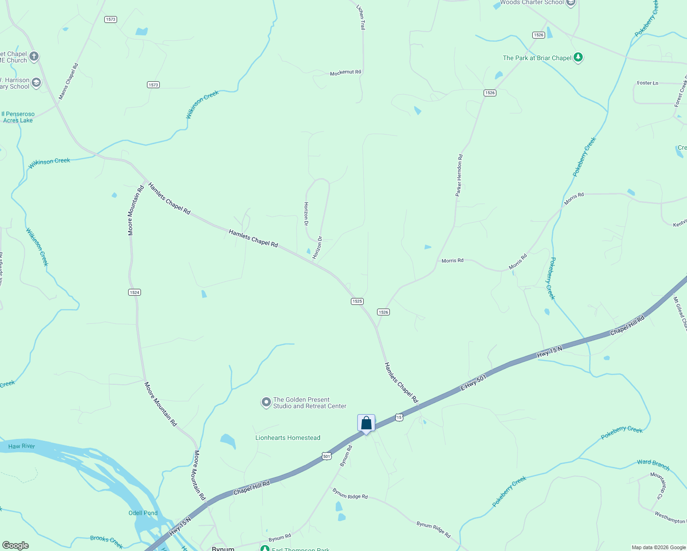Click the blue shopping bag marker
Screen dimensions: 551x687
pyautogui.click(x=366, y=423)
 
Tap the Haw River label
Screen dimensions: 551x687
pyautogui.click(x=22, y=446)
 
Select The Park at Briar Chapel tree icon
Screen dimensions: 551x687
pyautogui.click(x=578, y=58)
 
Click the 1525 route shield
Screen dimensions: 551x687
pyautogui.click(x=357, y=301)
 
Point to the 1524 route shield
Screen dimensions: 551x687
pyautogui.click(x=134, y=292)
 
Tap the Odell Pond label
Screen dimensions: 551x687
pyautogui.click(x=143, y=513)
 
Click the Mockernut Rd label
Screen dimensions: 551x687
pyautogui.click(x=345, y=73)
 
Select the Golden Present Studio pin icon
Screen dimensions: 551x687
pyautogui.click(x=266, y=403)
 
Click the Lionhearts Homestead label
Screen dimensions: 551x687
pyautogui.click(x=287, y=438)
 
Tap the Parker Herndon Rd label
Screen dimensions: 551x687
pyautogui.click(x=459, y=175)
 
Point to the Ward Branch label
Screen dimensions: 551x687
pyautogui.click(x=653, y=465)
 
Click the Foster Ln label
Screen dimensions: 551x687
pyautogui.click(x=648, y=83)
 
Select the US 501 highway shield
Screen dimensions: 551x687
pyautogui.click(x=327, y=456)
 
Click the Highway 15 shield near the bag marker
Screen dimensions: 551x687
pyautogui.click(x=399, y=417)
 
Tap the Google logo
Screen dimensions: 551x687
pyautogui.click(x=15, y=545)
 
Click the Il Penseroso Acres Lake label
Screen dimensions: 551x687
pyautogui.click(x=18, y=117)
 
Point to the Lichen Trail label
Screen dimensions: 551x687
pyautogui.click(x=361, y=17)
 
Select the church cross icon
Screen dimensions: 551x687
pyautogui.click(x=34, y=56)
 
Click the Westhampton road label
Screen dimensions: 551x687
pyautogui.click(x=670, y=518)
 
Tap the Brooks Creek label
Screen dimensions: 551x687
pyautogui.click(x=107, y=542)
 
